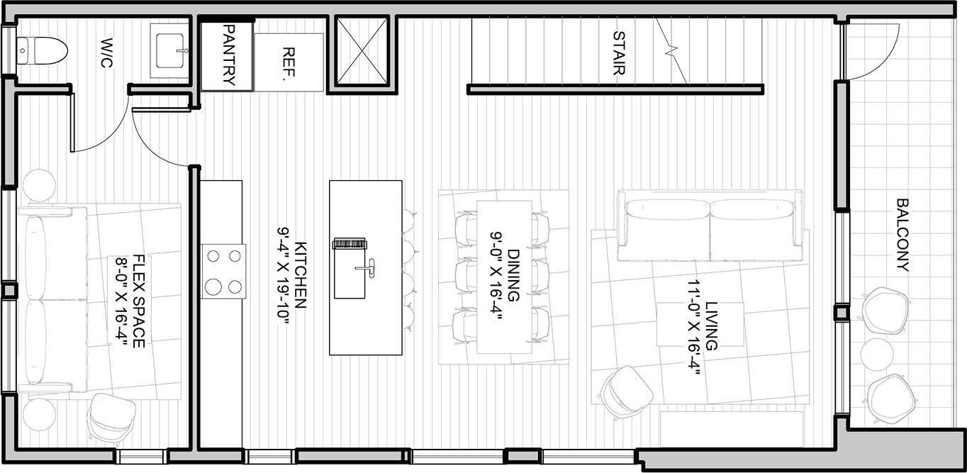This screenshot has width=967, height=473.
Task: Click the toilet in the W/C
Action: pyautogui.click(x=42, y=51)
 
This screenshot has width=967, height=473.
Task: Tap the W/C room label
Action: pyautogui.click(x=106, y=52)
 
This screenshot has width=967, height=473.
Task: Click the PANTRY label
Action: pyautogui.click(x=228, y=55)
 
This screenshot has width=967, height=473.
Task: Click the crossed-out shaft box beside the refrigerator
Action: pyautogui.click(x=362, y=50)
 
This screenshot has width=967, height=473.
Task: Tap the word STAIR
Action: pyautogui.click(x=619, y=53)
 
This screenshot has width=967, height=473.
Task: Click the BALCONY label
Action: pyautogui.click(x=902, y=235)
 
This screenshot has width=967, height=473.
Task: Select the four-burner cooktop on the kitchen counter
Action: pyautogui.click(x=223, y=272)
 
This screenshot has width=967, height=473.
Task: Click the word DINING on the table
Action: pyautogui.click(x=513, y=274)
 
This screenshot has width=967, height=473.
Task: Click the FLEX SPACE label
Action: pyautogui.click(x=138, y=301)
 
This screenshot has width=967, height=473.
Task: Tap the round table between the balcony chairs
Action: pyautogui.click(x=876, y=354)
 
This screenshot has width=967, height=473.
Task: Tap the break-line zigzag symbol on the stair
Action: pyautogui.click(x=671, y=50)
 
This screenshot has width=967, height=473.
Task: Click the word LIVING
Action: pyautogui.click(x=711, y=326)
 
